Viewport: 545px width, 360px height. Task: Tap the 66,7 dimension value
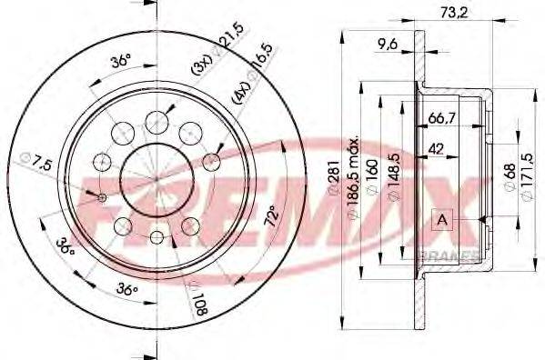click(x=442, y=118)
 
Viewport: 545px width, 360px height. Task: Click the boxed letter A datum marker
click(x=442, y=219)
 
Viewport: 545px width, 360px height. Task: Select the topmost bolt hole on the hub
click(x=156, y=116)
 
